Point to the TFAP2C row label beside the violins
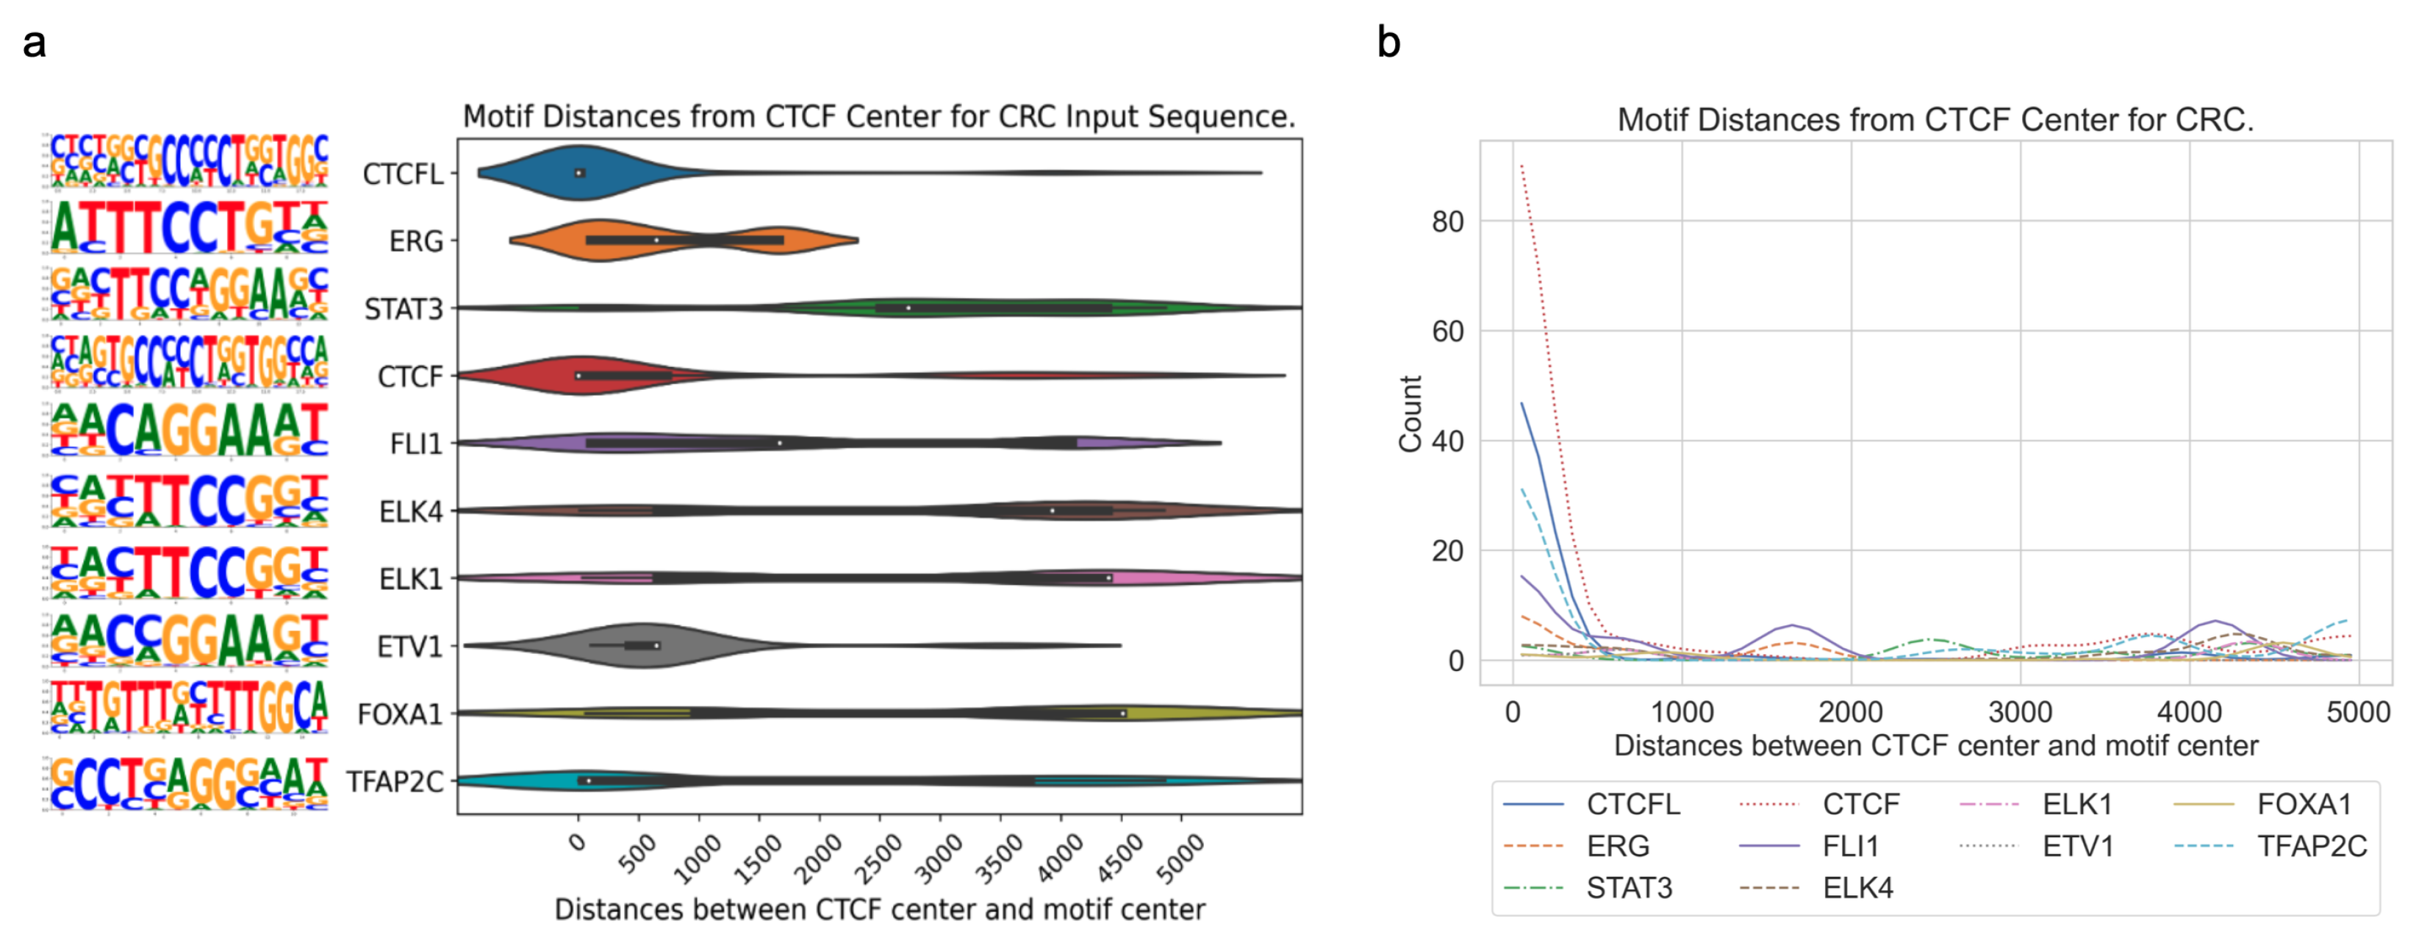394,782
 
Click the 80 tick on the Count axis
1447,222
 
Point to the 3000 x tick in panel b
2021,712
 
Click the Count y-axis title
1410,414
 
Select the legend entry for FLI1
1851,847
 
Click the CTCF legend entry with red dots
1860,804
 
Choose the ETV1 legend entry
2077,847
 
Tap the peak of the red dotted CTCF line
1521,166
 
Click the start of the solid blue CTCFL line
1521,405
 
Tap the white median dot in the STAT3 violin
908,307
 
